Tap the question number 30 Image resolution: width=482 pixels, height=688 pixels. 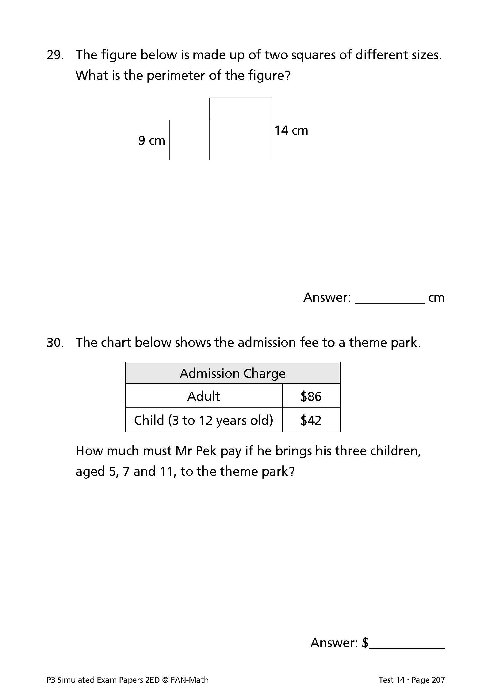[x=55, y=343]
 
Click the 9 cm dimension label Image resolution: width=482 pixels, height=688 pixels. [x=152, y=141]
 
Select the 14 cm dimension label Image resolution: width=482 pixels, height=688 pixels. [x=291, y=131]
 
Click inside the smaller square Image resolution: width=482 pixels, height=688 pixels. [x=189, y=140]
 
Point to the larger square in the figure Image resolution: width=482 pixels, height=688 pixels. [x=241, y=129]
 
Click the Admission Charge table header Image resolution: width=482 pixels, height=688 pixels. [x=232, y=373]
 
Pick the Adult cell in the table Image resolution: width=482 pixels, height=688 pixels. [x=204, y=396]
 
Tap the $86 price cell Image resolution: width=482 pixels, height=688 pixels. [x=311, y=396]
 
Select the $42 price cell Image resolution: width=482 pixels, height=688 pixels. [x=311, y=420]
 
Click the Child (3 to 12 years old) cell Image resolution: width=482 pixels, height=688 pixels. [x=204, y=420]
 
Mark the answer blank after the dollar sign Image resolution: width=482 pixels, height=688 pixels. [x=407, y=643]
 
